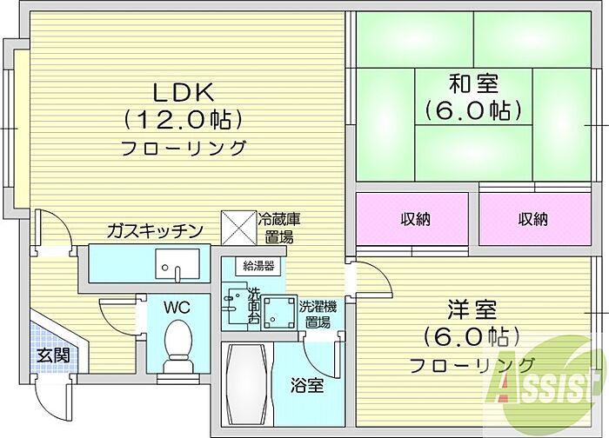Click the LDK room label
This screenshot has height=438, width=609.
[x=183, y=92]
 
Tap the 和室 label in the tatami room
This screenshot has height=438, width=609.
[x=473, y=83]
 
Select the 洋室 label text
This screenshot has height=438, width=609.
[x=472, y=309]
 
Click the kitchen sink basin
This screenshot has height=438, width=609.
[x=177, y=263]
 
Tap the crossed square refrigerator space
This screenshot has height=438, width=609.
[x=239, y=228]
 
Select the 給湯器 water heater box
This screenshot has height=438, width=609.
[x=258, y=266]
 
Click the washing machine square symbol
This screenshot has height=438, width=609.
[x=278, y=312]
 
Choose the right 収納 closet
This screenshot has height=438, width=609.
[x=535, y=219]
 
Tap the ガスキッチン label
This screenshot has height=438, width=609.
[x=156, y=230]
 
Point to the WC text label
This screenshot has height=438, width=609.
[x=177, y=308]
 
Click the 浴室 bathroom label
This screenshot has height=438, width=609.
[x=307, y=386]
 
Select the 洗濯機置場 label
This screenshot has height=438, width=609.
[x=318, y=315]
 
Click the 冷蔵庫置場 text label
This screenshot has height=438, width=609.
[x=279, y=228]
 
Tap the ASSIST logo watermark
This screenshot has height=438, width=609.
[x=544, y=384]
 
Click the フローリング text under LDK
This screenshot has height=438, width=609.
[x=184, y=149]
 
